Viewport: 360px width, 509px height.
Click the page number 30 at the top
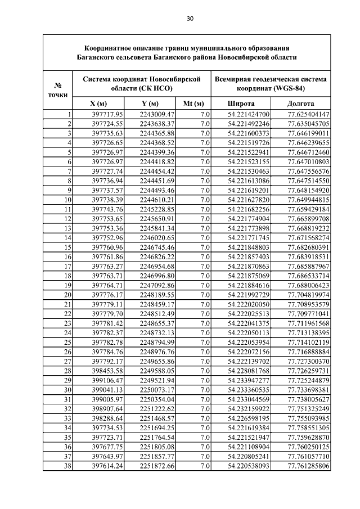[190, 19]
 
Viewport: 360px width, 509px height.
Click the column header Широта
[241, 104]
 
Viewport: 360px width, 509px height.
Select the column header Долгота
[300, 104]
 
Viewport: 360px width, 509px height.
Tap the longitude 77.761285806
[308, 466]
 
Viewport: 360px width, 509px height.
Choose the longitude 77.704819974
[308, 295]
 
